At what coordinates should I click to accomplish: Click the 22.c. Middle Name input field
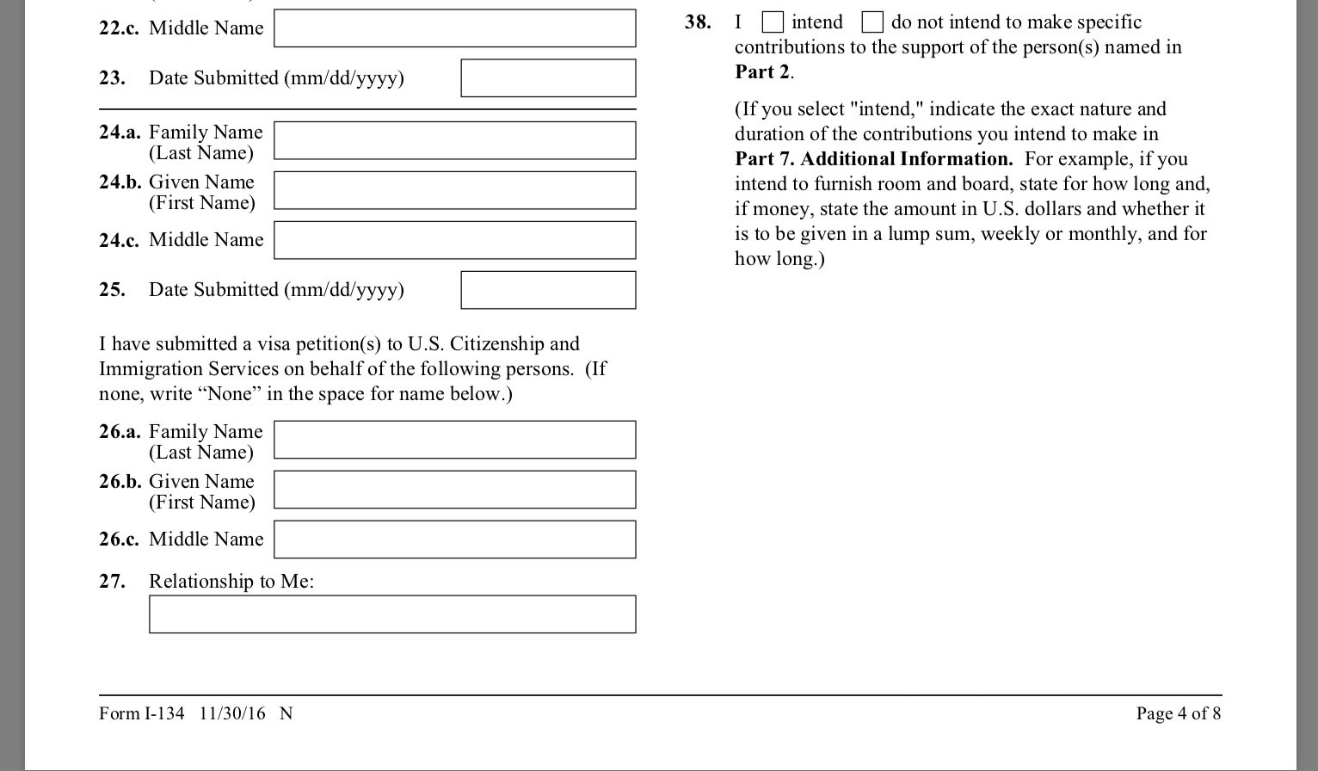coord(454,28)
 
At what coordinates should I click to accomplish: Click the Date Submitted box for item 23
coord(548,78)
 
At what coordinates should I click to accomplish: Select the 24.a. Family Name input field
coord(454,141)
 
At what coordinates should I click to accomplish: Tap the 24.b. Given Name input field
coord(454,191)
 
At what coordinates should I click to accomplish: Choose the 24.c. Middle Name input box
coord(454,241)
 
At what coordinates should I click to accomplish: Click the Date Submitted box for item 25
coord(548,290)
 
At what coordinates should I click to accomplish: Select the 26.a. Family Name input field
coord(454,440)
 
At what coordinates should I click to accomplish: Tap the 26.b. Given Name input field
coord(454,490)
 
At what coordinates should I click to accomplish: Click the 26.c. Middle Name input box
coord(454,540)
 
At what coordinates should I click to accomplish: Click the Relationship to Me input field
coord(392,614)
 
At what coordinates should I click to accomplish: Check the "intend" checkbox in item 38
coord(773,22)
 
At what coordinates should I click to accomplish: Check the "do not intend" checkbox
coord(872,22)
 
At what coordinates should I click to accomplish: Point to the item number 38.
coord(698,22)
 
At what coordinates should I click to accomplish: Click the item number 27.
coord(112,582)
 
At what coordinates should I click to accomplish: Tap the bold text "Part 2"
coord(762,72)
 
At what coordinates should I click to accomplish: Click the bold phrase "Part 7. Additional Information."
coord(873,159)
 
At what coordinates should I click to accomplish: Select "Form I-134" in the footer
coord(141,713)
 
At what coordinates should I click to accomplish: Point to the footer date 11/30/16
coord(232,713)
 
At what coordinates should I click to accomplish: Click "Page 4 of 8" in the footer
coord(1178,713)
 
